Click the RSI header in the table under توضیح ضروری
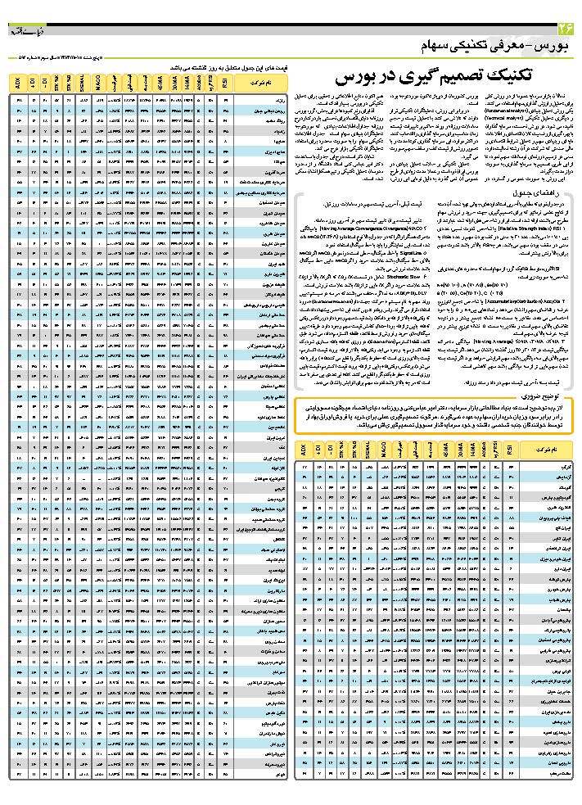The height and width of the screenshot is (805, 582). (x=509, y=450)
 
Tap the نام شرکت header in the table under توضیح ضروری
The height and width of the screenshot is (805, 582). (x=548, y=450)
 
